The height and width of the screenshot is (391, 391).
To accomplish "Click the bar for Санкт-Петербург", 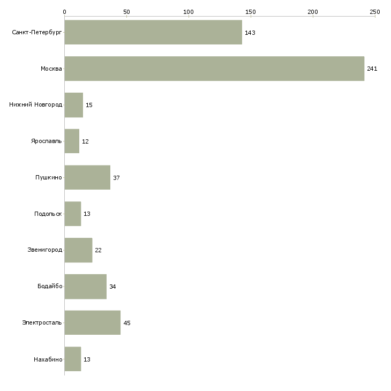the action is tap(153, 32).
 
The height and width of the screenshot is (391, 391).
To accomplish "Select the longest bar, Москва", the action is tap(214, 69).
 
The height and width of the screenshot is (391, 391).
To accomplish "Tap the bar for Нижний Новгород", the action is tap(74, 105).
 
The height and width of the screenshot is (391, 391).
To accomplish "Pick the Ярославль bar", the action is tap(72, 141).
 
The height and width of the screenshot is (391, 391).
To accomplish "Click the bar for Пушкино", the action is tap(87, 177).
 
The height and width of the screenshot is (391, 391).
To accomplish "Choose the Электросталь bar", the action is tap(93, 322).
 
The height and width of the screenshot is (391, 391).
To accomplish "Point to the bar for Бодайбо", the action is tap(86, 287).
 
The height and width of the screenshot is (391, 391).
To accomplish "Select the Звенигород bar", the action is tap(78, 250).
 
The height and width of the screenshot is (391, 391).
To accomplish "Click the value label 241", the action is tap(372, 69).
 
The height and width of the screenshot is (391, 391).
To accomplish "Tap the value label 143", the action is tap(250, 33).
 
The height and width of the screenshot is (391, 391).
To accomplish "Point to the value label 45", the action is tap(127, 323).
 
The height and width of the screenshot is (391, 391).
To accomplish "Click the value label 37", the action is tap(116, 178).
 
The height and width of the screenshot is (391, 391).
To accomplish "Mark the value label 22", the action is tap(98, 250).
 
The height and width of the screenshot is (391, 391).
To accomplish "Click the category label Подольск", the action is tap(48, 214).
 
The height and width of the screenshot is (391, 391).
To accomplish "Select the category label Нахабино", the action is tap(48, 359).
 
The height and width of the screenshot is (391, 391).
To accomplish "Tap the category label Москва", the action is tap(51, 69).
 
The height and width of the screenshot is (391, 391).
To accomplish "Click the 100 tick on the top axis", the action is tap(189, 12).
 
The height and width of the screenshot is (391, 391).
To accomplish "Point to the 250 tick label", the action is tap(375, 12).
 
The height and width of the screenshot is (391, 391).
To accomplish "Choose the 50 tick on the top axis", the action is tap(126, 12).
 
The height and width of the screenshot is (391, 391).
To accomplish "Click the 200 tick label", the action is tap(313, 12).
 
